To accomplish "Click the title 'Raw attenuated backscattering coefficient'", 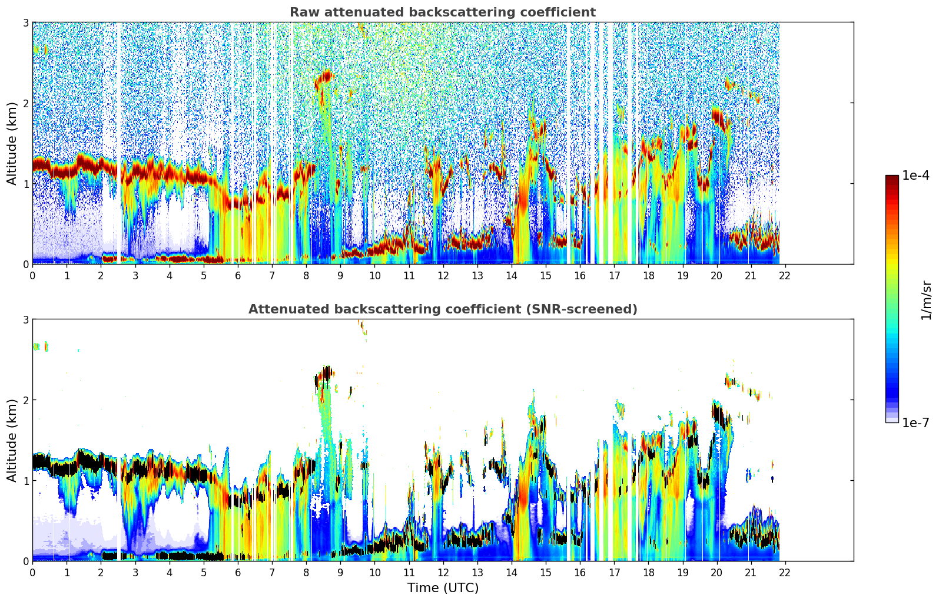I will coord(442,12).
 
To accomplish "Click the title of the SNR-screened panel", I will coord(442,309).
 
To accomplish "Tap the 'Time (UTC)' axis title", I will coord(443,588).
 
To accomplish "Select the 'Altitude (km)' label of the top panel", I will coord(12,143).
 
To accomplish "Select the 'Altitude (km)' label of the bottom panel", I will coord(12,440).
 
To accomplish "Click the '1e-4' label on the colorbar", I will coord(915,176).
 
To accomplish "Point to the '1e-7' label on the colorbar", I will coord(915,422).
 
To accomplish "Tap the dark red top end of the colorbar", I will coord(891,179).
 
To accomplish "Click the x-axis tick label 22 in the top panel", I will coord(785,275).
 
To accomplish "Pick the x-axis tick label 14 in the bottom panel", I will coord(511,572).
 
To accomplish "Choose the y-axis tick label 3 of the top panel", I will coord(25,22).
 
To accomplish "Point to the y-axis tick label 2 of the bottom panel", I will coord(25,400).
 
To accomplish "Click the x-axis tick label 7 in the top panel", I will coord(272,275).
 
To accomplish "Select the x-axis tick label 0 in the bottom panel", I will coord(32,572).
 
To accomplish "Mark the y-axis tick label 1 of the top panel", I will coord(25,184).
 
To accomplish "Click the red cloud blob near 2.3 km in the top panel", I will coord(324,77).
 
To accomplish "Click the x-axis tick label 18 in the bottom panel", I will coord(648,572).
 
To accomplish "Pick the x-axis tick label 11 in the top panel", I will coord(409,275).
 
